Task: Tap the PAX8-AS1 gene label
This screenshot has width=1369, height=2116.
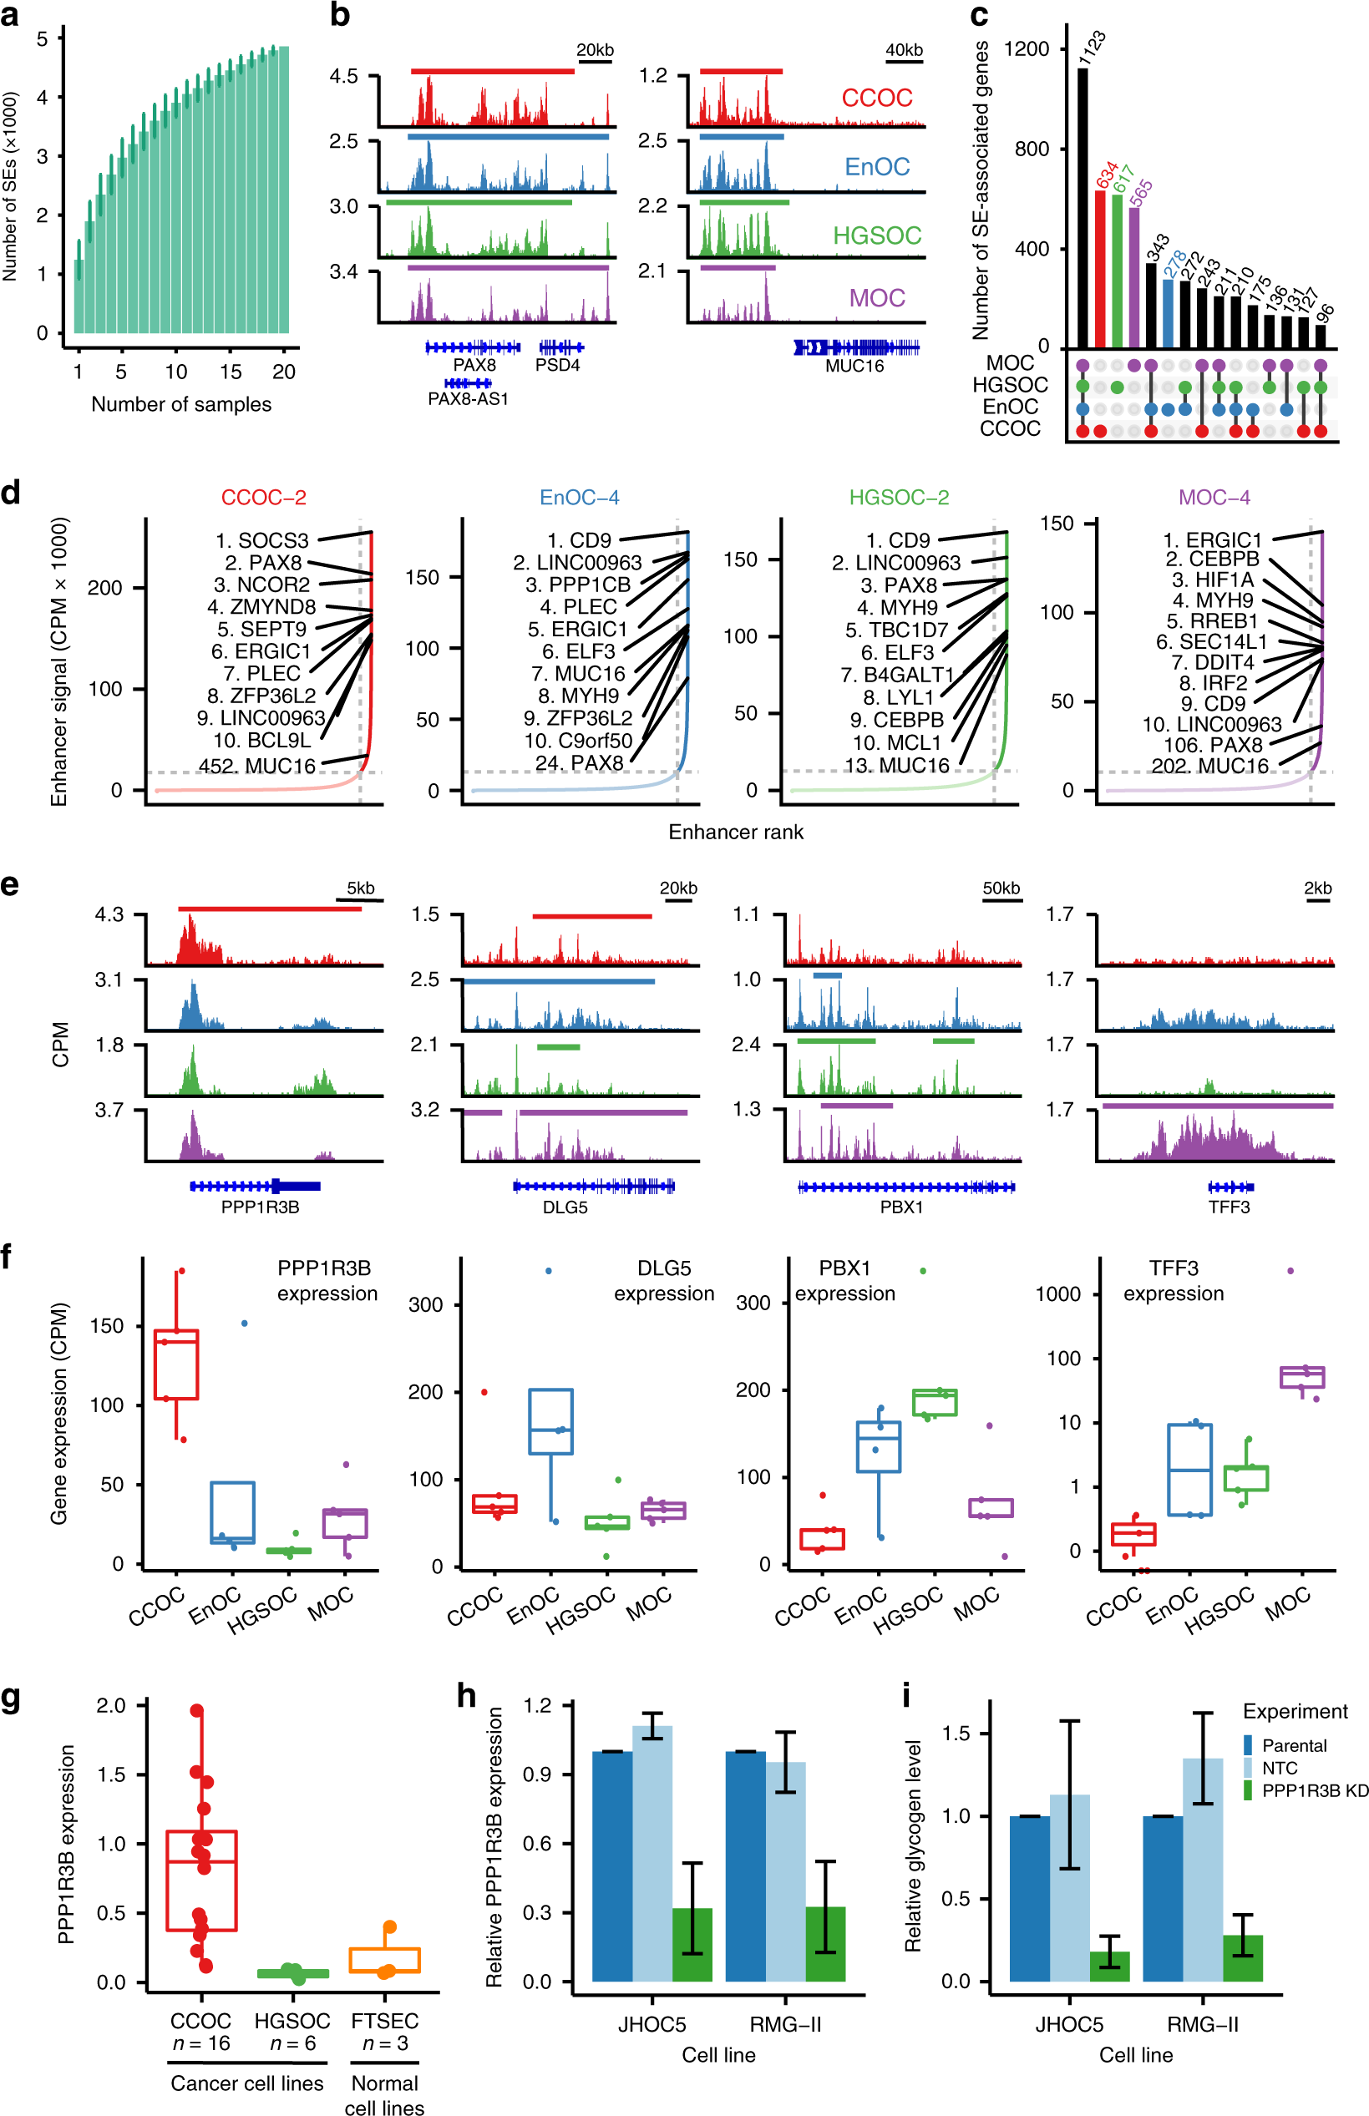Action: point(468,399)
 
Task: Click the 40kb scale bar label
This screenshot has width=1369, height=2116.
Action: point(903,51)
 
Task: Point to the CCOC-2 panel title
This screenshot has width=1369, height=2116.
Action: point(263,497)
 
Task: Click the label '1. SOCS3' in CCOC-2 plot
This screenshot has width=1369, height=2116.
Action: point(261,540)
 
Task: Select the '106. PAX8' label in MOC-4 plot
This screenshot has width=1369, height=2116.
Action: point(1213,745)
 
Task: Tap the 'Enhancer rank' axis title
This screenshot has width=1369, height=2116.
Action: point(735,832)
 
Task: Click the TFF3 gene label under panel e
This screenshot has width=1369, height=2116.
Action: point(1229,1207)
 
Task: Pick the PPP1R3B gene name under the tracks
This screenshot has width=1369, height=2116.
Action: point(260,1207)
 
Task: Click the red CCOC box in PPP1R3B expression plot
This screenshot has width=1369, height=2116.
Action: point(176,1364)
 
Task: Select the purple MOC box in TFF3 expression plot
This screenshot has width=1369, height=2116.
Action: point(1301,1378)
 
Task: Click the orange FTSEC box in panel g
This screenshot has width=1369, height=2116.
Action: point(384,1960)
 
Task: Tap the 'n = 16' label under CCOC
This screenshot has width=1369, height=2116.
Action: point(201,2043)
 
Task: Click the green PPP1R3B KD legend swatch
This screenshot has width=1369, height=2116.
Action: point(1248,1790)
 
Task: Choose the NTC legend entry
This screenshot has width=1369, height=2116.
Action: point(1280,1768)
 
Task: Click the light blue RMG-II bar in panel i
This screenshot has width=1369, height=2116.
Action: point(1202,1869)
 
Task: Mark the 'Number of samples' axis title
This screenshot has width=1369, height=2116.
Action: point(181,404)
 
